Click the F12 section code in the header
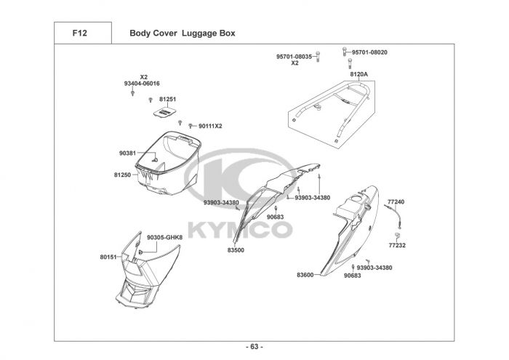(x=81, y=33)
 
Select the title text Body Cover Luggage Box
(x=182, y=33)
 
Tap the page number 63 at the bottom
(x=254, y=346)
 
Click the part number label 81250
(x=121, y=175)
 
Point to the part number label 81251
(x=168, y=98)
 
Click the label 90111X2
(x=209, y=126)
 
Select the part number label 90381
(x=127, y=153)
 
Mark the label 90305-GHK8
(x=164, y=237)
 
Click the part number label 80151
(x=108, y=257)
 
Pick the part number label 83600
(x=305, y=275)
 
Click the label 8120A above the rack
(x=358, y=74)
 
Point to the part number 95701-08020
(x=369, y=52)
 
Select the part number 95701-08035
(x=294, y=56)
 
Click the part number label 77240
(x=396, y=201)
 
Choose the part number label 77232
(x=397, y=245)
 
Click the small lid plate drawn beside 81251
(x=167, y=113)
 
